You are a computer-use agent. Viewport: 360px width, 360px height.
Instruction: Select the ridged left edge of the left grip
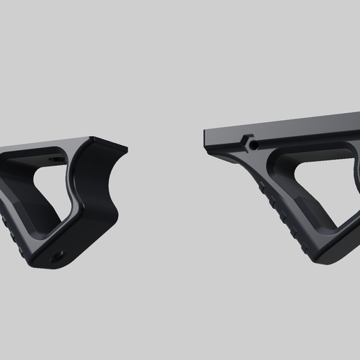point(7,223)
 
